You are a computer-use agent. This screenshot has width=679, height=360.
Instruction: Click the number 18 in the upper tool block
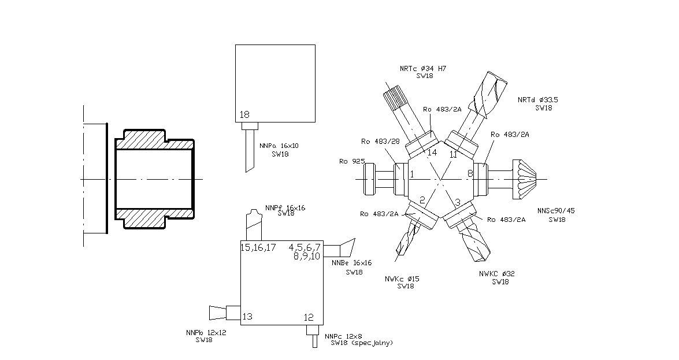[x=244, y=115]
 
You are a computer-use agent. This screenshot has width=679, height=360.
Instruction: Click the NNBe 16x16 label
[x=351, y=263]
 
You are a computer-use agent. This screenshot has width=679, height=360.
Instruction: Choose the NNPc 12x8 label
[x=343, y=336]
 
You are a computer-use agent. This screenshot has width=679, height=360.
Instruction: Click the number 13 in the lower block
[x=247, y=316]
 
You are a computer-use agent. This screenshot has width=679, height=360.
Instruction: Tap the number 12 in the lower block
[x=308, y=317]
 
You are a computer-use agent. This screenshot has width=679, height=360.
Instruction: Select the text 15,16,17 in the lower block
[x=258, y=247]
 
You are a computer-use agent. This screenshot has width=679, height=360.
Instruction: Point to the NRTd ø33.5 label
[x=538, y=100]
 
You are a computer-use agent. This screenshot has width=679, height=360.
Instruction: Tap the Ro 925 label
[x=351, y=161]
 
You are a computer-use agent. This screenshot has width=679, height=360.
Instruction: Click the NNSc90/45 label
[x=556, y=210]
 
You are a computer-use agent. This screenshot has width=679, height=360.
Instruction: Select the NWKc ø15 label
[x=402, y=279]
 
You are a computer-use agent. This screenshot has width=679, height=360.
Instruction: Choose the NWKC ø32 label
[x=496, y=273]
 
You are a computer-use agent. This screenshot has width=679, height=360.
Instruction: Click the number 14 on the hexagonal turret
[x=432, y=153]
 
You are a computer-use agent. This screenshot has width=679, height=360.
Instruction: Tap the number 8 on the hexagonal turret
[x=470, y=173]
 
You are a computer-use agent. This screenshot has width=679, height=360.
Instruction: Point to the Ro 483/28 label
[x=380, y=142]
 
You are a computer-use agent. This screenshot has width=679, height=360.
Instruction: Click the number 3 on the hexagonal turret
[x=457, y=202]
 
